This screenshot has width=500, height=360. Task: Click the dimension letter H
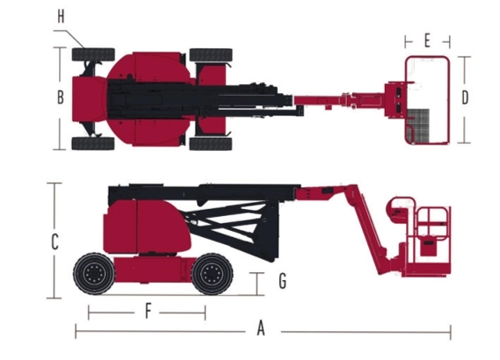click(x=61, y=17)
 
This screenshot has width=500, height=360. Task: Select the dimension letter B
click(x=61, y=97)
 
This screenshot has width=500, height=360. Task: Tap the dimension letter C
click(x=54, y=241)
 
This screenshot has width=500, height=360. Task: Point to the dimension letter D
click(x=465, y=97)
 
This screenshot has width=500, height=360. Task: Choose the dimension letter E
click(x=427, y=40)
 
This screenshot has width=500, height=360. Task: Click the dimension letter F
click(x=148, y=311)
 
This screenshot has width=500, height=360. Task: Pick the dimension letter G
click(x=282, y=281)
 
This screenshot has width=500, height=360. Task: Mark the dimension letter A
click(x=261, y=328)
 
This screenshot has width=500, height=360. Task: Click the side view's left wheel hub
click(x=94, y=274)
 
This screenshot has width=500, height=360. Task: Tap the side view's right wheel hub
click(x=212, y=274)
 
